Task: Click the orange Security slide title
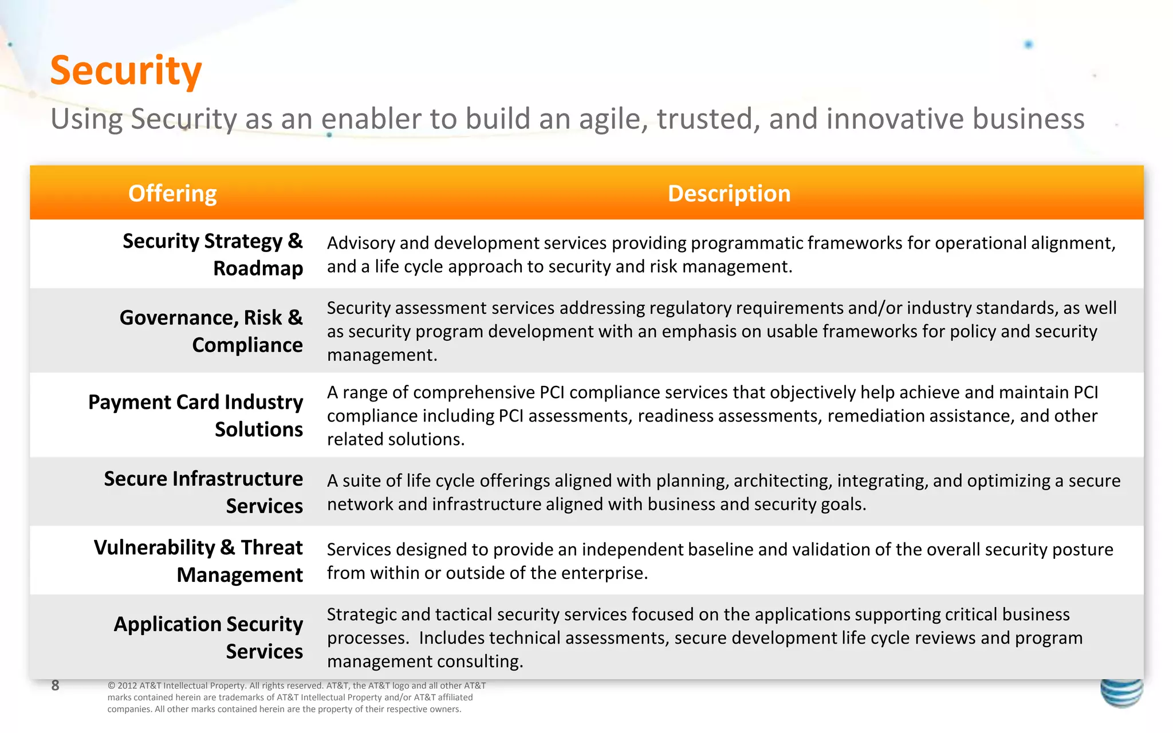click(126, 71)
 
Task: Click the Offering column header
click(172, 194)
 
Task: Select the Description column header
click(729, 194)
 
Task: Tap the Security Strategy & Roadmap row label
click(212, 254)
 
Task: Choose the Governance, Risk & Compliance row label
click(211, 331)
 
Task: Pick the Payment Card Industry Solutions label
click(196, 415)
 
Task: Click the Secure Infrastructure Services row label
click(203, 492)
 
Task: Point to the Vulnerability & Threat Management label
click(198, 561)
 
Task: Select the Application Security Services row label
click(208, 637)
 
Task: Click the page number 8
click(55, 685)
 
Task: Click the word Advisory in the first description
click(361, 243)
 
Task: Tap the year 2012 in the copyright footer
click(127, 685)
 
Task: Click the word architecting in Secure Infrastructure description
click(782, 480)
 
